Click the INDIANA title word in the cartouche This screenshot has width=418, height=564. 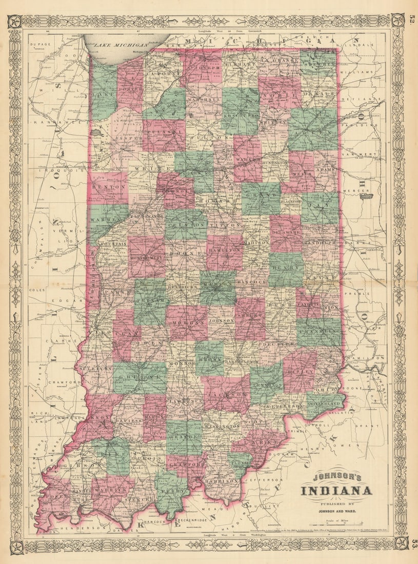(x=336, y=492)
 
